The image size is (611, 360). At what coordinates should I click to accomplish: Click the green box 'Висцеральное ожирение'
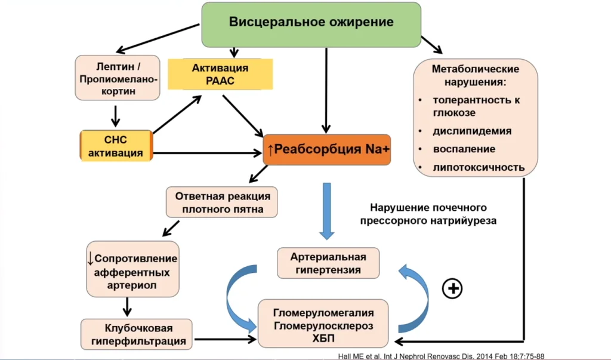[311, 23]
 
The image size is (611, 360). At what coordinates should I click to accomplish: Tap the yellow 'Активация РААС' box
[220, 75]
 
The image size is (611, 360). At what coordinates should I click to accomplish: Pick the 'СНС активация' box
[116, 145]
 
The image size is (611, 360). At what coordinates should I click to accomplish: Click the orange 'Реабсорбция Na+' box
[327, 150]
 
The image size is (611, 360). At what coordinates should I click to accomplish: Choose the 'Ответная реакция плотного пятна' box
[223, 203]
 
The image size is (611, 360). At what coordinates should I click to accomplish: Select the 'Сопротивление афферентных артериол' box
[132, 269]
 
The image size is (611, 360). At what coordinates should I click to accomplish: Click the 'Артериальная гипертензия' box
[328, 263]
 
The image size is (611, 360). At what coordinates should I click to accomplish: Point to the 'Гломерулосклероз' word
[323, 326]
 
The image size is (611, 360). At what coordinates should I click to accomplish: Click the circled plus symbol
[452, 288]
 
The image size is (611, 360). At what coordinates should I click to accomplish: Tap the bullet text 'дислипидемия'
[472, 131]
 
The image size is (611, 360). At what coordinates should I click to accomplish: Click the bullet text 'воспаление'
[464, 149]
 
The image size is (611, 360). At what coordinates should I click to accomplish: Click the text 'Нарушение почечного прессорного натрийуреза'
[428, 214]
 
